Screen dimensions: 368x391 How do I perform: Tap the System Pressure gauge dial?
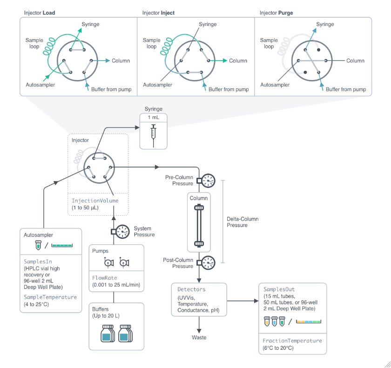pyautogui.click(x=123, y=232)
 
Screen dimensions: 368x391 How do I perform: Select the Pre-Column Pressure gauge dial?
pyautogui.click(x=209, y=181)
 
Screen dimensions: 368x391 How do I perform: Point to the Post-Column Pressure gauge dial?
pyautogui.click(x=209, y=263)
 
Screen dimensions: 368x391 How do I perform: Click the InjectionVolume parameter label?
pyautogui.click(x=95, y=201)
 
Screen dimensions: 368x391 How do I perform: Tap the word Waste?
pyautogui.click(x=199, y=337)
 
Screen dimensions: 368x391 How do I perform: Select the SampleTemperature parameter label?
pyautogui.click(x=50, y=297)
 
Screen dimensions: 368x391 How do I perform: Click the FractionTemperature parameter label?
pyautogui.click(x=292, y=341)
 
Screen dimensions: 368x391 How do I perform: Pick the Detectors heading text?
pyautogui.click(x=191, y=289)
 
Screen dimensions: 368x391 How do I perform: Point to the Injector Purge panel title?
pyautogui.click(x=276, y=13)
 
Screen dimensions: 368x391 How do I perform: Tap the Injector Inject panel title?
pyautogui.click(x=158, y=13)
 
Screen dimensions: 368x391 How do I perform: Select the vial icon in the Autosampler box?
pyautogui.click(x=38, y=245)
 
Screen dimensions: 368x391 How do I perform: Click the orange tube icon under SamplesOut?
pyautogui.click(x=267, y=321)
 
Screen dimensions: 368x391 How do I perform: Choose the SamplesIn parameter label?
pyautogui.click(x=38, y=261)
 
